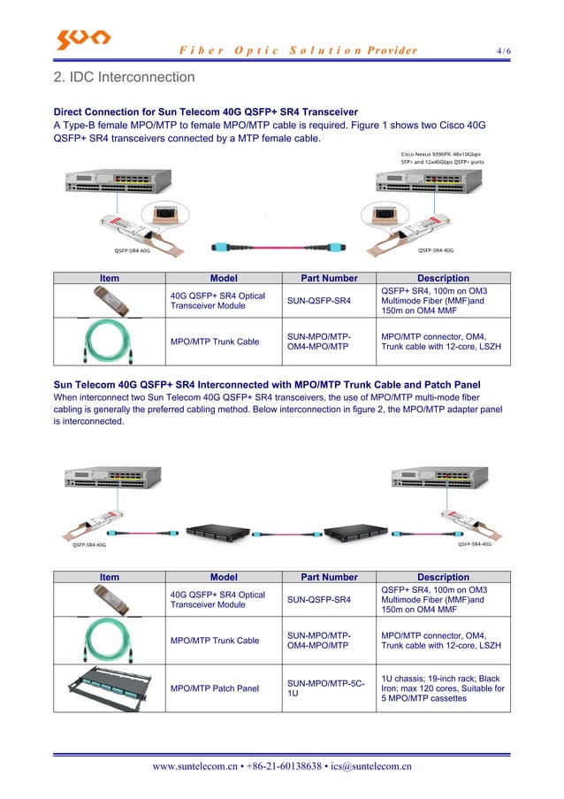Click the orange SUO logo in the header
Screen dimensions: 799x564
(x=83, y=39)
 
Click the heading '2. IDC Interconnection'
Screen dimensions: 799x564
(x=124, y=78)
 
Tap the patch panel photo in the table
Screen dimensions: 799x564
(x=109, y=688)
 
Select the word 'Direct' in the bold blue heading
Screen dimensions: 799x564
(x=71, y=112)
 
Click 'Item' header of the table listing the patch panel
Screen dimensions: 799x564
(x=109, y=577)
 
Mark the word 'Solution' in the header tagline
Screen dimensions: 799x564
(x=316, y=50)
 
